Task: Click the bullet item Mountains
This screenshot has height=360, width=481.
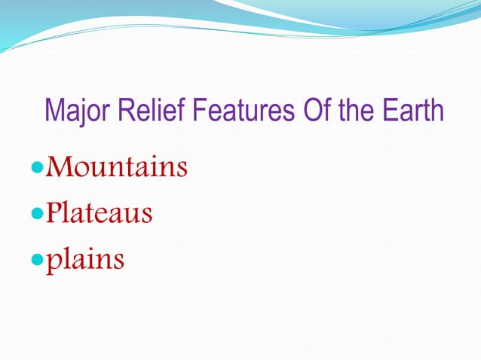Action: coord(117,167)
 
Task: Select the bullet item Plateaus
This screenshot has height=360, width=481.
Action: coord(99,213)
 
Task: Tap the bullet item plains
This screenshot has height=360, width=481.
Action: coord(84,260)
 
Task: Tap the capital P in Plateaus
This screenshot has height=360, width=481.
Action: coord(53,213)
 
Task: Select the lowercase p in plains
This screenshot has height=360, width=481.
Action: coord(53,261)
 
